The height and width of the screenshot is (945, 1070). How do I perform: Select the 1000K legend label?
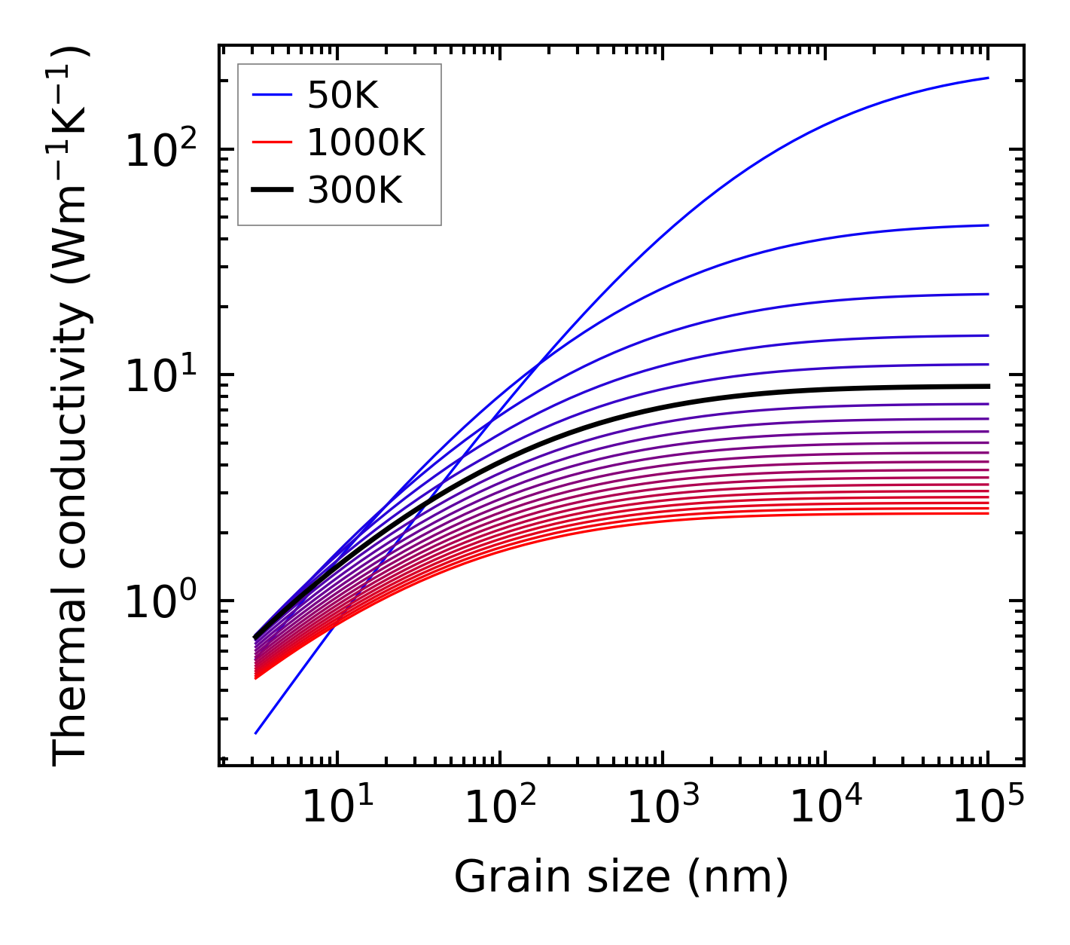[x=366, y=142]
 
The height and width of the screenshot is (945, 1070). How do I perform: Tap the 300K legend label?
[x=355, y=191]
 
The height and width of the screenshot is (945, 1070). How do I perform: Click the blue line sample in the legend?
[x=271, y=95]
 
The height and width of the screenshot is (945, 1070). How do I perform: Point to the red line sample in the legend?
[x=271, y=142]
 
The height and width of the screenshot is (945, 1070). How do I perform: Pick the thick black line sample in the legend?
[x=271, y=191]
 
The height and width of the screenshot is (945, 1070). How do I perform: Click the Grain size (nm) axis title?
[x=621, y=877]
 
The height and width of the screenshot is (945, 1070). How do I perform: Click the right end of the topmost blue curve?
[x=988, y=78]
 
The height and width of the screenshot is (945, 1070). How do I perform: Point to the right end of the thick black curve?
[x=988, y=386]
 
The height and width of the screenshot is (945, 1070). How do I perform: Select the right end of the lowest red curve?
[x=988, y=513]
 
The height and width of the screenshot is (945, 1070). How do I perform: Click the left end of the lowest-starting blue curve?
[x=256, y=733]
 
